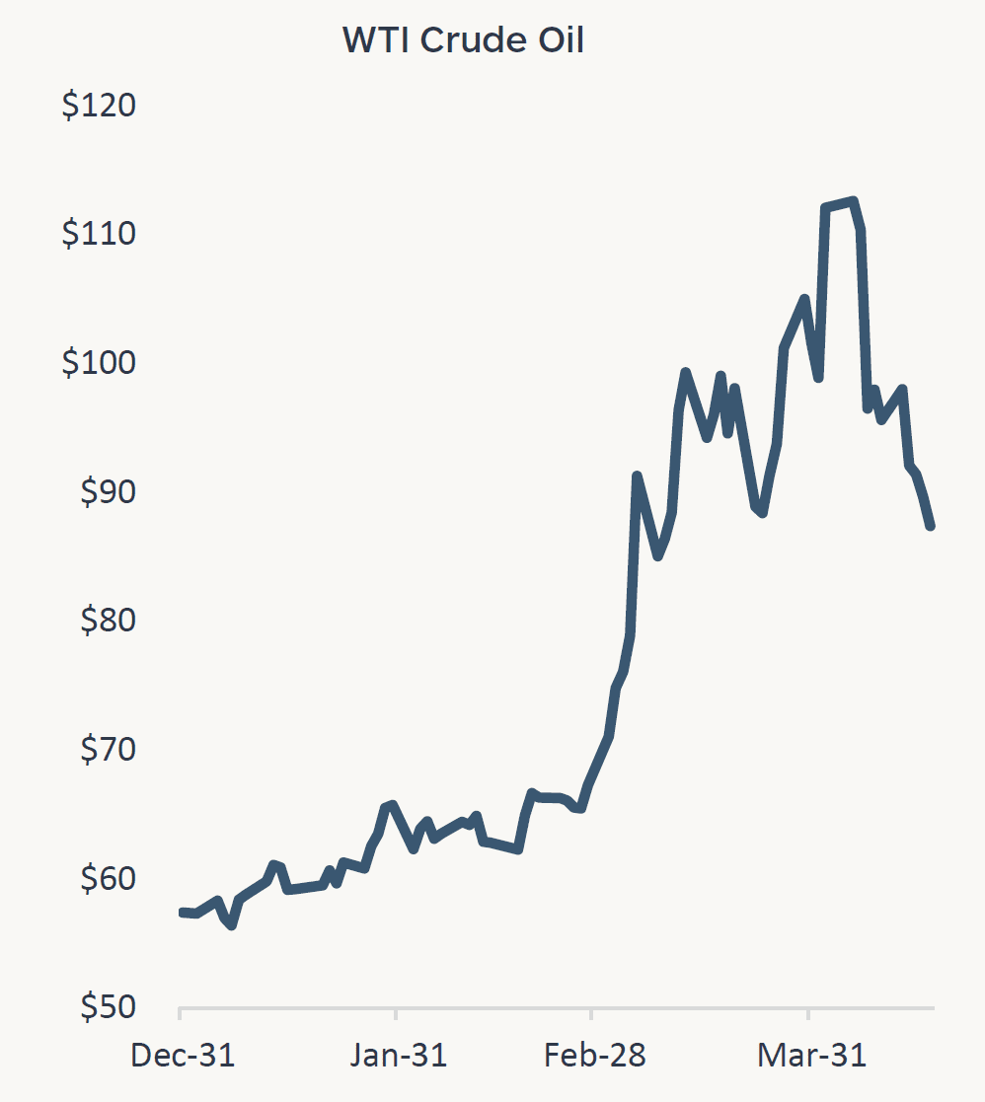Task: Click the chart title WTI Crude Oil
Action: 463,40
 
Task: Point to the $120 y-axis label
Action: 99,106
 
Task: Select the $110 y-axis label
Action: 99,234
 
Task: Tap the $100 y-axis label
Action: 99,363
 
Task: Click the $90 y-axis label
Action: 106,491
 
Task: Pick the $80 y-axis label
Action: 106,621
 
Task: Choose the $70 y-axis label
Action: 106,750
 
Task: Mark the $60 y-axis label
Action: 106,878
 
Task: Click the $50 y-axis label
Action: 106,1007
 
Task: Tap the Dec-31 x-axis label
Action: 183,1056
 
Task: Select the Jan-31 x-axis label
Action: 398,1056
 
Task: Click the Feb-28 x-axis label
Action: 594,1056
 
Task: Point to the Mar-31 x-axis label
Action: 811,1056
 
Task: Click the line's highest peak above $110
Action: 853,201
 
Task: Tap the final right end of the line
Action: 931,526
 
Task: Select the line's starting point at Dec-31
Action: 182,913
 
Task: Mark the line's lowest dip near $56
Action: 231,925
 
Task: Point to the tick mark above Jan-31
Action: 396,1013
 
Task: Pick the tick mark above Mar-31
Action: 808,1013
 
